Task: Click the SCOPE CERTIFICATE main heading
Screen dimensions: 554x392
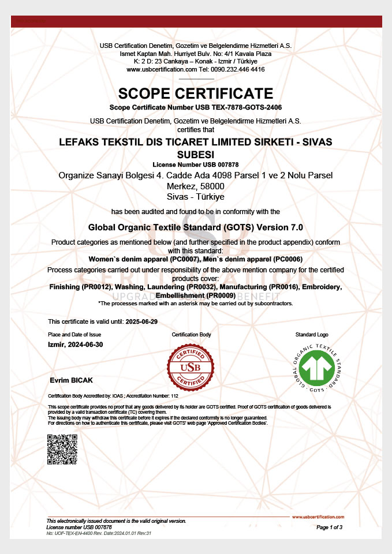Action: click(196, 93)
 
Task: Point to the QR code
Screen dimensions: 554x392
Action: click(62, 450)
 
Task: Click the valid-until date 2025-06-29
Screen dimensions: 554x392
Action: click(141, 321)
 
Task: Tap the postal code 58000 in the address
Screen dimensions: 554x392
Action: click(212, 186)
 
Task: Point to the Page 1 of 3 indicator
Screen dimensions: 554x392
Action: click(330, 527)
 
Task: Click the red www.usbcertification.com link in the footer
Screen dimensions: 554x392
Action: click(318, 517)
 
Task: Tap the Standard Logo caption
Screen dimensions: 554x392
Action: click(311, 335)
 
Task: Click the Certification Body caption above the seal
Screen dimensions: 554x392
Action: click(192, 335)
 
